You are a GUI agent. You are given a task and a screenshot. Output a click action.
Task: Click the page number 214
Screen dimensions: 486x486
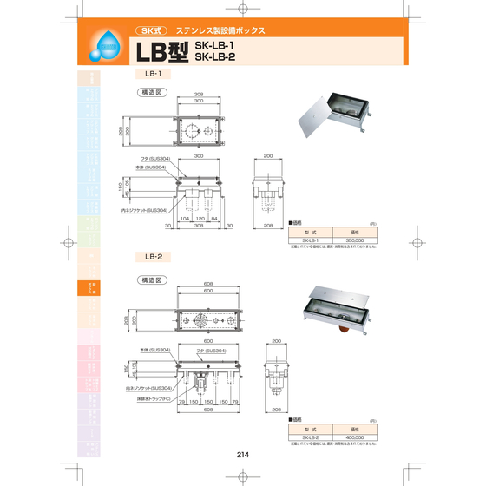coord(242,454)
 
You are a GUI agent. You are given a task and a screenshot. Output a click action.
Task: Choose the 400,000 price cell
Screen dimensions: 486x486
coord(354,437)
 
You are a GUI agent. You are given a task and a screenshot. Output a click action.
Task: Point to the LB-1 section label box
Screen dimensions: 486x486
coord(154,76)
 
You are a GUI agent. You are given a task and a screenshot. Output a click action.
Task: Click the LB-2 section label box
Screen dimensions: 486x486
coord(154,257)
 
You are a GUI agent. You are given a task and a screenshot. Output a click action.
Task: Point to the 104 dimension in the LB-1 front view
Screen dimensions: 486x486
coord(184,220)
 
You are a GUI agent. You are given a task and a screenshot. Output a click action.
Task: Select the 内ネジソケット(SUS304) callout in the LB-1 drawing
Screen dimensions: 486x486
coord(144,210)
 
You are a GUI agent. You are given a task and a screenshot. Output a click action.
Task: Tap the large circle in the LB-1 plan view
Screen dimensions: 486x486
coord(188,133)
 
